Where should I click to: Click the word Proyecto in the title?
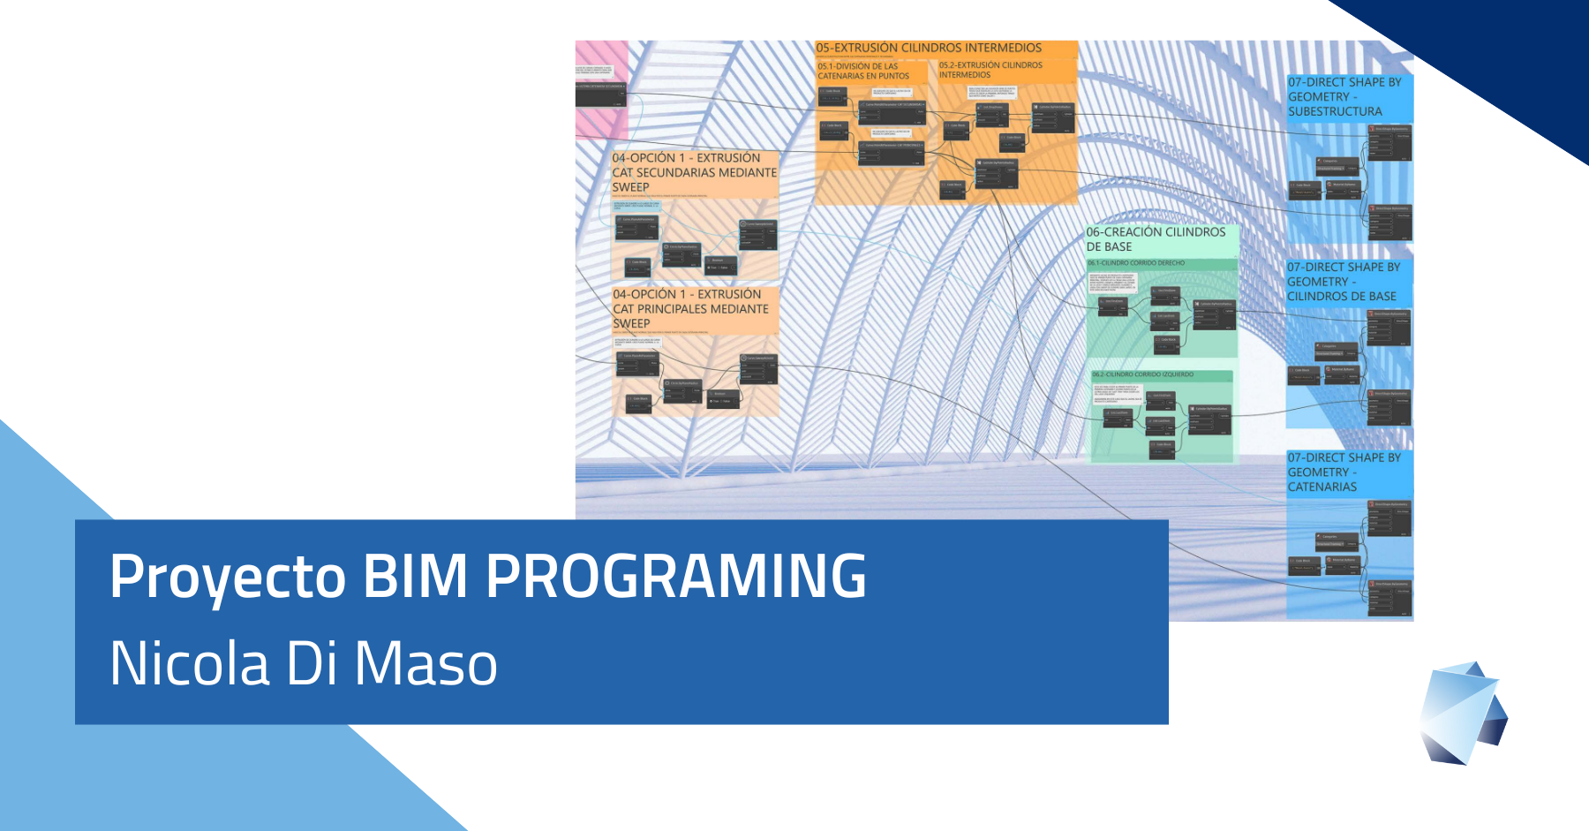click(227, 578)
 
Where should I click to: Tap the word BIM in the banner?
click(415, 578)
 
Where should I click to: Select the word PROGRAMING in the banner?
click(676, 578)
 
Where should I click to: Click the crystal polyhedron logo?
click(1463, 713)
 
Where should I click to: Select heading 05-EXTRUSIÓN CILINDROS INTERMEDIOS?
click(929, 48)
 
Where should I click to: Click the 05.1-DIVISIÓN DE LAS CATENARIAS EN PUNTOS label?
click(863, 71)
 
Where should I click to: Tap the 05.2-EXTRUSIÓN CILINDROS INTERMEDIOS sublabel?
click(990, 70)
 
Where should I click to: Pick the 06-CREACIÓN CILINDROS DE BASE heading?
click(1156, 239)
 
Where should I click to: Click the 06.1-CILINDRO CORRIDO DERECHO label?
click(1136, 263)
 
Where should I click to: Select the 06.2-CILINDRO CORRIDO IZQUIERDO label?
click(1142, 374)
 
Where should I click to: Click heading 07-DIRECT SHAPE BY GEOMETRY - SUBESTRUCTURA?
click(1344, 96)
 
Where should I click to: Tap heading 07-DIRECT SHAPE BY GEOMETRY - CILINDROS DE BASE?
click(1343, 282)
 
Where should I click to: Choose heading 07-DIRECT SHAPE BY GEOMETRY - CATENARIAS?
click(1344, 472)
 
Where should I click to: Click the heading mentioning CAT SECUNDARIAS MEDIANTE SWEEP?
click(694, 172)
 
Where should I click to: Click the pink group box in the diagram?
click(600, 88)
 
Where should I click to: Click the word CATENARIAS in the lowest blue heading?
click(1322, 487)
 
